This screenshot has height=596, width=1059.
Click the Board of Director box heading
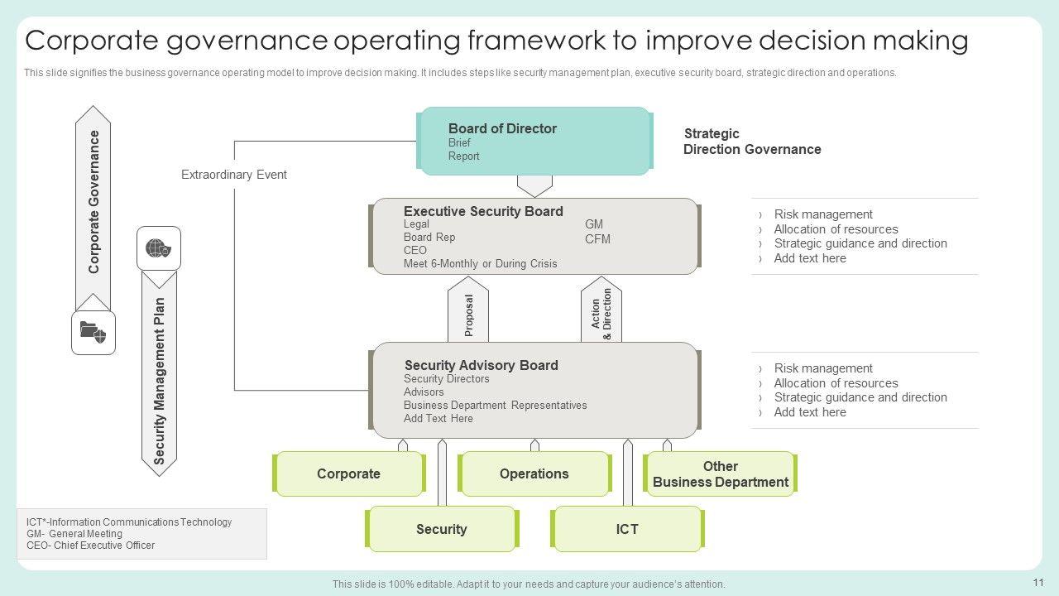502,128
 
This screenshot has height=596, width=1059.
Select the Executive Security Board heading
483,211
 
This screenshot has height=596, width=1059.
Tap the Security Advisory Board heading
482,365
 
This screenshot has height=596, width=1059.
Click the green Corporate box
348,474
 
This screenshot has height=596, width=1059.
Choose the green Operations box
534,474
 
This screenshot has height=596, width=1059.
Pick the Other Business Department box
720,474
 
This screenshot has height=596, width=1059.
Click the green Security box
442,529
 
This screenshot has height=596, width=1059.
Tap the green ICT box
627,529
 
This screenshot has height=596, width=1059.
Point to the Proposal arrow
468,310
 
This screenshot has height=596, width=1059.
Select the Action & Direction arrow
601,310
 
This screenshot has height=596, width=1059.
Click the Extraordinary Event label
234,175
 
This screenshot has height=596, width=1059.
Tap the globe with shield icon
158,248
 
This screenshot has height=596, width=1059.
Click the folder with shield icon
93,332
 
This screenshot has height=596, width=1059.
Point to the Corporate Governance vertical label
93,202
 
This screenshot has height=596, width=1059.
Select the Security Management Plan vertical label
160,381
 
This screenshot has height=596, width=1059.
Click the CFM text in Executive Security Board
597,239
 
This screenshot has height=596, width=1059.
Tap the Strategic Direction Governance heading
752,142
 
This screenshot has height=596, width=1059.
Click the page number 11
1038,582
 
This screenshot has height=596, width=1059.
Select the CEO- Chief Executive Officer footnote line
90,546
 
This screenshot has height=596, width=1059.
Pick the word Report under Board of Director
464,156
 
